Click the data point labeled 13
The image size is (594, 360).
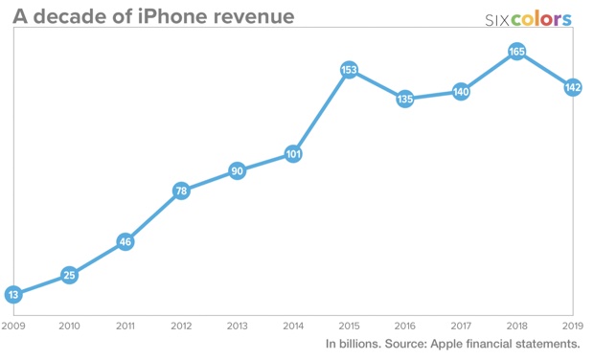(x=12, y=294)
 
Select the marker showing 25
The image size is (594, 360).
(x=69, y=276)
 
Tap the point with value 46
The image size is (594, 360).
(x=125, y=241)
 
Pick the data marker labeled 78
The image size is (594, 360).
(x=181, y=191)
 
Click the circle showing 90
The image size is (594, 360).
(x=237, y=171)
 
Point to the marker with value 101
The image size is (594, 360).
(x=293, y=154)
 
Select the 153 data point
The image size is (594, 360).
(x=350, y=70)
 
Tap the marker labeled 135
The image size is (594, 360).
(x=405, y=99)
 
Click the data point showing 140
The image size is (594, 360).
(x=461, y=91)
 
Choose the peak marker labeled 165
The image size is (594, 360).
(x=517, y=52)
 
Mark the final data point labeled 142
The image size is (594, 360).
(x=573, y=87)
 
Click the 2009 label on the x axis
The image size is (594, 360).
(x=12, y=326)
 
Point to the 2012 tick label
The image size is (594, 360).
(x=181, y=326)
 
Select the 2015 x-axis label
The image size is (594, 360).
(x=350, y=326)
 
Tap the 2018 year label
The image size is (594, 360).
(x=517, y=326)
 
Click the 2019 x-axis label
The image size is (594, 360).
(x=573, y=326)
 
